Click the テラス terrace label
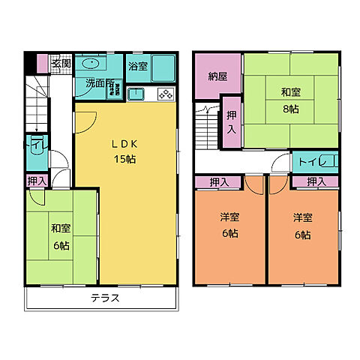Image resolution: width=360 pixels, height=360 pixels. coord(106,298)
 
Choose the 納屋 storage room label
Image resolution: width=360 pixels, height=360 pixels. coord(218,76)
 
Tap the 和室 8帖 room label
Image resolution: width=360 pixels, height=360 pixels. coord(291,100)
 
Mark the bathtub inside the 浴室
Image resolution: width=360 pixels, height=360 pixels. coord(163,67)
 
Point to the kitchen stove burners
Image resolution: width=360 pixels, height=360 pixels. coord(164,94)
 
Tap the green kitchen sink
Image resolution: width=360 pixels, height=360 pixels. coord(136,94)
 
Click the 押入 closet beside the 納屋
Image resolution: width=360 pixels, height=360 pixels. coord(231,120)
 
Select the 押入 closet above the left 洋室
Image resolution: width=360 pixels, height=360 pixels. coord(219,181)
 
